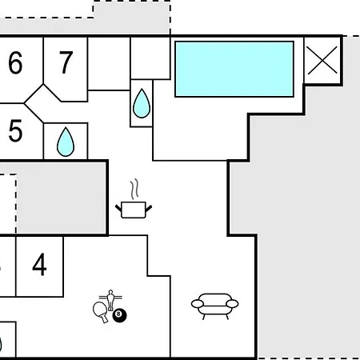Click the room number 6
coord(15,63)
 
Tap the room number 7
coord(66,62)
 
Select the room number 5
coord(15,130)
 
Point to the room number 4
coord(39,265)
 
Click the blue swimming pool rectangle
coord(234,69)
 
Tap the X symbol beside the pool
coord(322,60)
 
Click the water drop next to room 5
coord(66,142)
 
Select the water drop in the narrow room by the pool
coord(142,103)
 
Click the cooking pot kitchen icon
coord(134,210)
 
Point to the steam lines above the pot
coord(134,189)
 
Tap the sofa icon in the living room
coord(214,306)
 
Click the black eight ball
coord(119,315)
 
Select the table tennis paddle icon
coord(101,311)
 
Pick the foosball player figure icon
coord(110,299)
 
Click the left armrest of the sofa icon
coord(198,303)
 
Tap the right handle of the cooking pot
coord(149,208)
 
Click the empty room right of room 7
coord(109,63)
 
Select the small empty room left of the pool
coord(150,58)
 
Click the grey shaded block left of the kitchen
coord(62,198)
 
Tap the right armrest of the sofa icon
coord(232,303)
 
